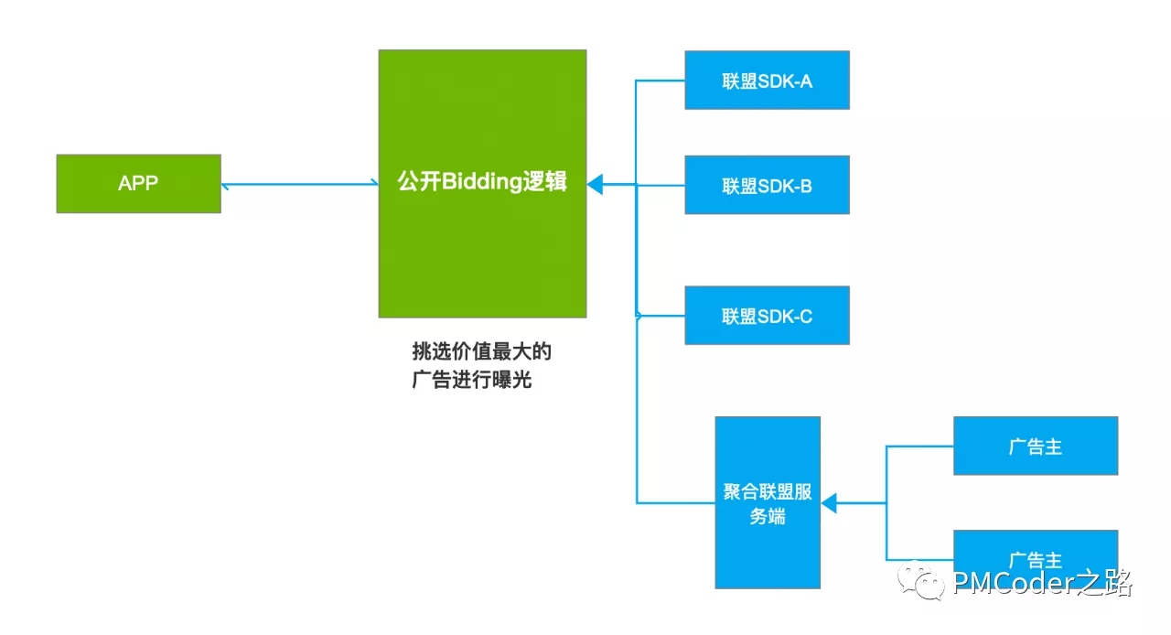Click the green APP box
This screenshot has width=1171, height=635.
(x=138, y=184)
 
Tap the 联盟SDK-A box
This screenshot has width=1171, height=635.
(x=767, y=81)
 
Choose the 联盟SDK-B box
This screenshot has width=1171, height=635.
(x=767, y=186)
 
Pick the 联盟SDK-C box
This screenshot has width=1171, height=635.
(x=767, y=316)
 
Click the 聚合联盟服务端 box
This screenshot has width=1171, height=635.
(x=768, y=502)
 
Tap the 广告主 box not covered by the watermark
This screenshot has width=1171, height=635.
(x=1035, y=447)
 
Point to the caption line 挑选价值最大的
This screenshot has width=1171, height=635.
(x=482, y=351)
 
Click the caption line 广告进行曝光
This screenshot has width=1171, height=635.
(x=472, y=380)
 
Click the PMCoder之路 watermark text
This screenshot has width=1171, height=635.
(x=1042, y=582)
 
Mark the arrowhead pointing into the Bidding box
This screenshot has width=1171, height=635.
(x=595, y=185)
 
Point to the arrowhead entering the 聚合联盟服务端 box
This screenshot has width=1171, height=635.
(x=829, y=503)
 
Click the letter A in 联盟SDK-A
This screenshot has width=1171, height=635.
(x=806, y=81)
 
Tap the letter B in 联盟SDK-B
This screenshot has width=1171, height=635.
(x=806, y=187)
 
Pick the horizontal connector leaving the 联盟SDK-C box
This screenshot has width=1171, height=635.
(x=661, y=316)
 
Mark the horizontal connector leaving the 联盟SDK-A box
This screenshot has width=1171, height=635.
(x=661, y=81)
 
